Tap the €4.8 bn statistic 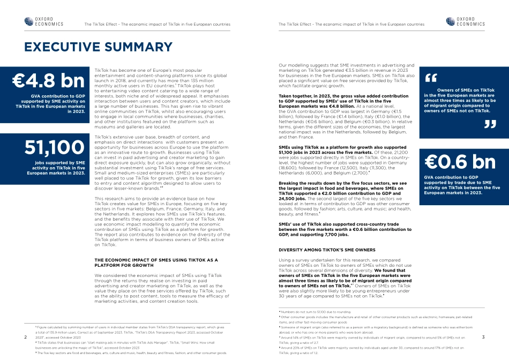point(49,80)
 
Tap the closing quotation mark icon point(490,125)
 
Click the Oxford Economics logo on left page point(44,21)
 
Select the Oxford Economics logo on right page point(465,21)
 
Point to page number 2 point(26,337)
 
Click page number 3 point(483,337)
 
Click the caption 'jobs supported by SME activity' point(57,167)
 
